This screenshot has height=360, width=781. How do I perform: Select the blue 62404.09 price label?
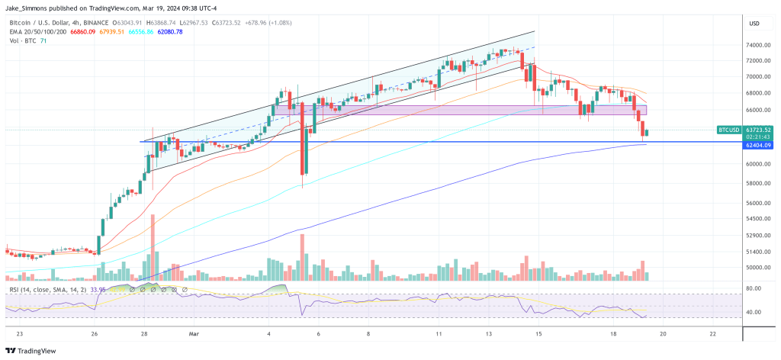click(759, 145)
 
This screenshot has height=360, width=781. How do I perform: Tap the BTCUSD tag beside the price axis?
click(729, 130)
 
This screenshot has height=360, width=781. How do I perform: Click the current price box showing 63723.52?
click(759, 130)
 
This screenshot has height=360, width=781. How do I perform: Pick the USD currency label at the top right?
click(754, 23)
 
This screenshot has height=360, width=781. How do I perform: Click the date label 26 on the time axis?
click(94, 333)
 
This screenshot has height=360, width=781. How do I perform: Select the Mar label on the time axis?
click(194, 333)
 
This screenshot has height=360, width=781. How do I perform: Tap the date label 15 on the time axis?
click(538, 333)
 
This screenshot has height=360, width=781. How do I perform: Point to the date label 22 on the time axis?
click(712, 333)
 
